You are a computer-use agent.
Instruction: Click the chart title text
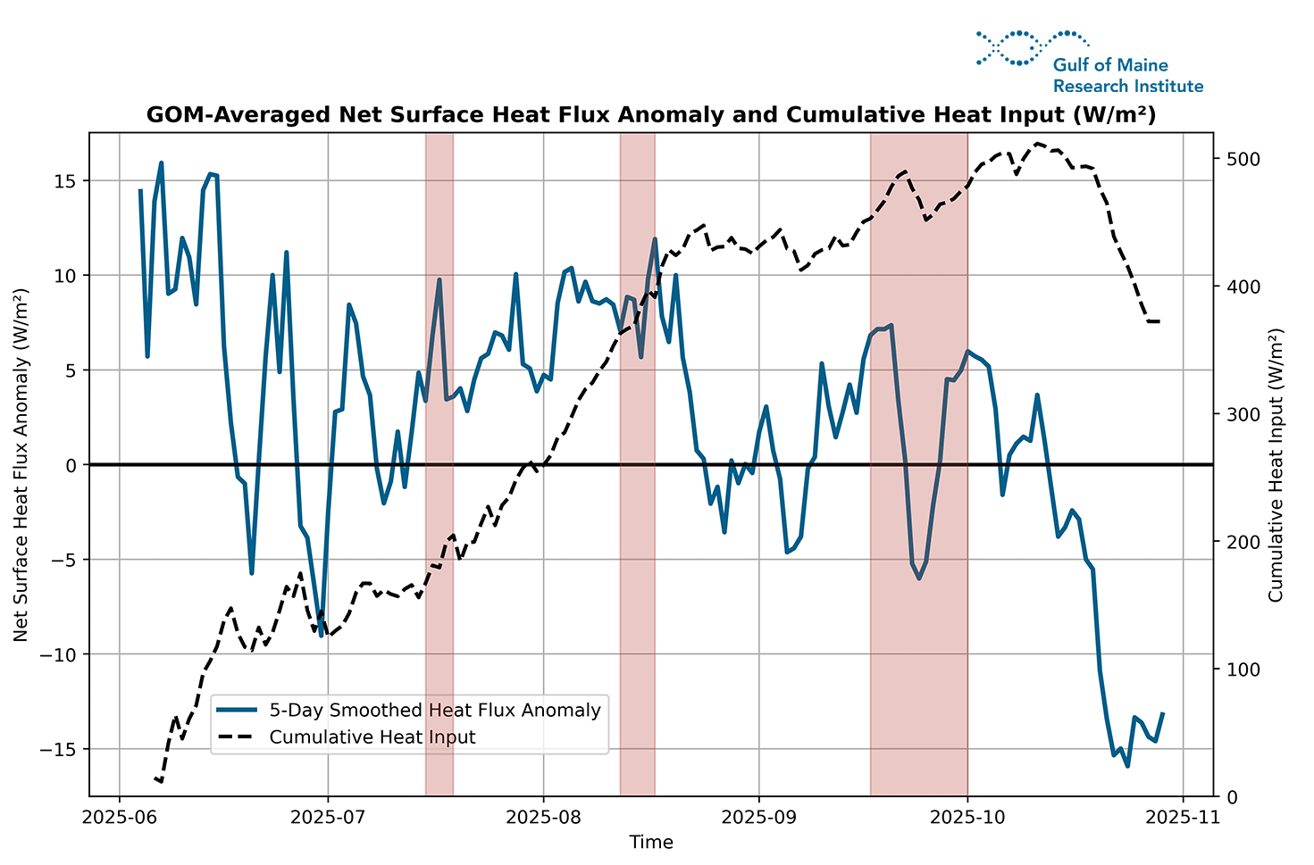click(x=650, y=115)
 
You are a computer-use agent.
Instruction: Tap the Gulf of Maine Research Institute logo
click(x=1089, y=62)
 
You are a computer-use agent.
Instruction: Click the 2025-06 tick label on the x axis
click(x=119, y=817)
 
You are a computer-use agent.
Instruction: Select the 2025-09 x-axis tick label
click(x=758, y=817)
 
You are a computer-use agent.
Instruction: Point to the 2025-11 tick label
click(x=1183, y=817)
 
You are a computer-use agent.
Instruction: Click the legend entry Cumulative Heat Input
click(x=372, y=737)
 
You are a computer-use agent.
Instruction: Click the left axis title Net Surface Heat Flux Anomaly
click(x=21, y=464)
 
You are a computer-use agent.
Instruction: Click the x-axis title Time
click(x=650, y=842)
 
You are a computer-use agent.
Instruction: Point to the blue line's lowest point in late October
click(x=1127, y=766)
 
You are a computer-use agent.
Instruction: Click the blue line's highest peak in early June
click(x=162, y=163)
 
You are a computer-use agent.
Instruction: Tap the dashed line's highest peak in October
click(x=1037, y=143)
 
